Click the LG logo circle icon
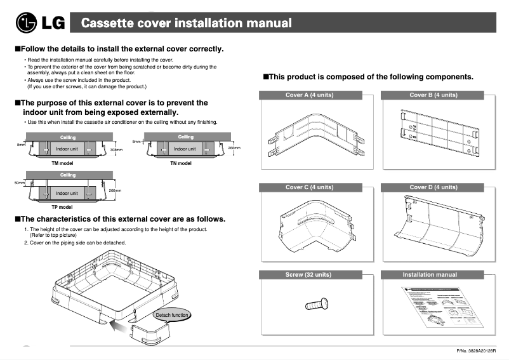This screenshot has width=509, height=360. tap(26, 24)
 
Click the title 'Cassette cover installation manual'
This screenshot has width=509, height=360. tap(187, 23)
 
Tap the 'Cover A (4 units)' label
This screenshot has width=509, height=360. tap(309, 95)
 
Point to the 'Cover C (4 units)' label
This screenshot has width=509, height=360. tap(309, 187)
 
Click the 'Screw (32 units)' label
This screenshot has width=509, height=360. tap(309, 275)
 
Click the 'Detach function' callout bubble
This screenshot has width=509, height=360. tap(173, 316)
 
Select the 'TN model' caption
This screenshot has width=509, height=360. tap(181, 163)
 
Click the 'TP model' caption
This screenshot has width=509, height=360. tap(62, 207)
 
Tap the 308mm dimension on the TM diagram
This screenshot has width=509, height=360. tap(116, 150)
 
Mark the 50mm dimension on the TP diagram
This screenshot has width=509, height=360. tap(19, 183)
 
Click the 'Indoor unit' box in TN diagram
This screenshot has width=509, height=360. tap(185, 149)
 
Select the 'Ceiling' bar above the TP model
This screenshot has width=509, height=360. tap(68, 175)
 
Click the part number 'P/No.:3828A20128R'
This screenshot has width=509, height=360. tap(475, 351)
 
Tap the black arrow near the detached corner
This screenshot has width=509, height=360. tap(114, 325)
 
